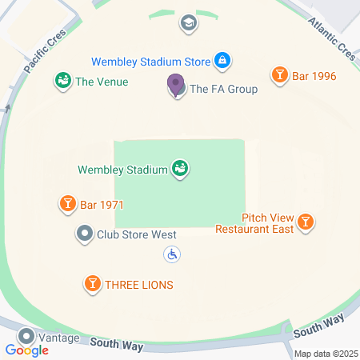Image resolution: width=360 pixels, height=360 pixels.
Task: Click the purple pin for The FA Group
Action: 175,84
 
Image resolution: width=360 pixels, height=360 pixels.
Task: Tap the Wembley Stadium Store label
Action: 150,61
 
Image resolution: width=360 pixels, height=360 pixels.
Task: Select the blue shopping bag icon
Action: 223,60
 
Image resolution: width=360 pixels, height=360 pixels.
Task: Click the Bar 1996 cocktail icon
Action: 279,76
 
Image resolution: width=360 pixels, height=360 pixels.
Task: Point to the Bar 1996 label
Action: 314,77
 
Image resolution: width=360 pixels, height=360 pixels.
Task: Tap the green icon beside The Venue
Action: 62,81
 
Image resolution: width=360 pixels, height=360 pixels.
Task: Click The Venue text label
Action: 102,82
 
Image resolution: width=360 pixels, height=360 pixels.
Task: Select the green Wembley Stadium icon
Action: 181,169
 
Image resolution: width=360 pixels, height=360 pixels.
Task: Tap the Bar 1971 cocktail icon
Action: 68,205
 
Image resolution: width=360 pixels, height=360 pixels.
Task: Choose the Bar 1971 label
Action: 102,206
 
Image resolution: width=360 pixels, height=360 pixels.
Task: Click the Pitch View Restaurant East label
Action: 254,223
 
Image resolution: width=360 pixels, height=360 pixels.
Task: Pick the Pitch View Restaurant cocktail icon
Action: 306,223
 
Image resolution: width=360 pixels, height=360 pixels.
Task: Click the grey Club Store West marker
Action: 85,234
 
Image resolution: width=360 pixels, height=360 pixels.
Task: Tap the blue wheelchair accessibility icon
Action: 172,254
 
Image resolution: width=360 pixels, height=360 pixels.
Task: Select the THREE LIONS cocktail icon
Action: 93,284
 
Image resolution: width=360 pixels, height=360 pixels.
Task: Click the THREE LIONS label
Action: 139,285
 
